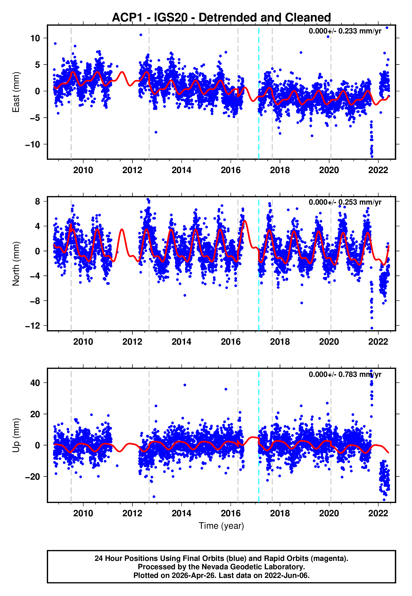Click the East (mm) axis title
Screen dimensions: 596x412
(16, 92)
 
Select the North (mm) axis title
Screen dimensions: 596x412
(16, 264)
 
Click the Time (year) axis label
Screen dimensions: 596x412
(221, 526)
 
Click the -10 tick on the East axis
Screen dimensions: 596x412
(33, 144)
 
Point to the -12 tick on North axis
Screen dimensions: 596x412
(33, 326)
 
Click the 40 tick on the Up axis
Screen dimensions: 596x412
(35, 383)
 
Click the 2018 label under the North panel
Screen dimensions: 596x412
(280, 342)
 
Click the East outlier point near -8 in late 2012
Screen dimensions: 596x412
(156, 132)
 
